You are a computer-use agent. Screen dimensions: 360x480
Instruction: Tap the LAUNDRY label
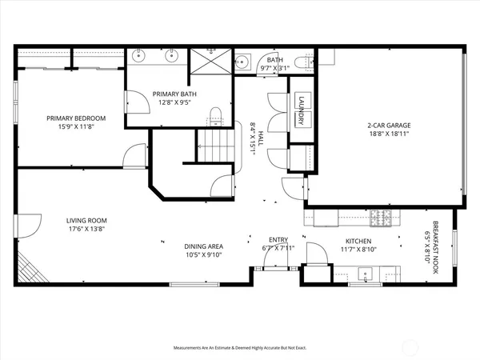[302, 110]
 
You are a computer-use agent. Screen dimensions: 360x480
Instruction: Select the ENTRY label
[278, 240]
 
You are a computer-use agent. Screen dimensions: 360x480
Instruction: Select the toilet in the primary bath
[214, 113]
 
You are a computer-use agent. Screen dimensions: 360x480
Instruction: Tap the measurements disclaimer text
[240, 348]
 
